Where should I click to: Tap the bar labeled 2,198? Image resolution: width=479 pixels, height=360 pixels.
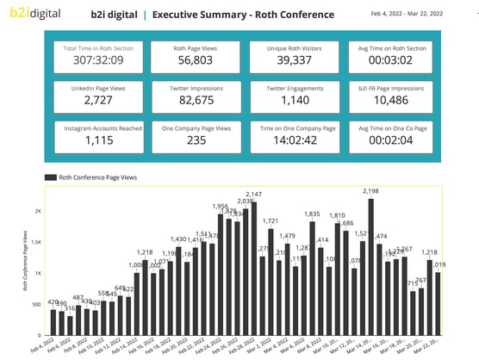370,267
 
